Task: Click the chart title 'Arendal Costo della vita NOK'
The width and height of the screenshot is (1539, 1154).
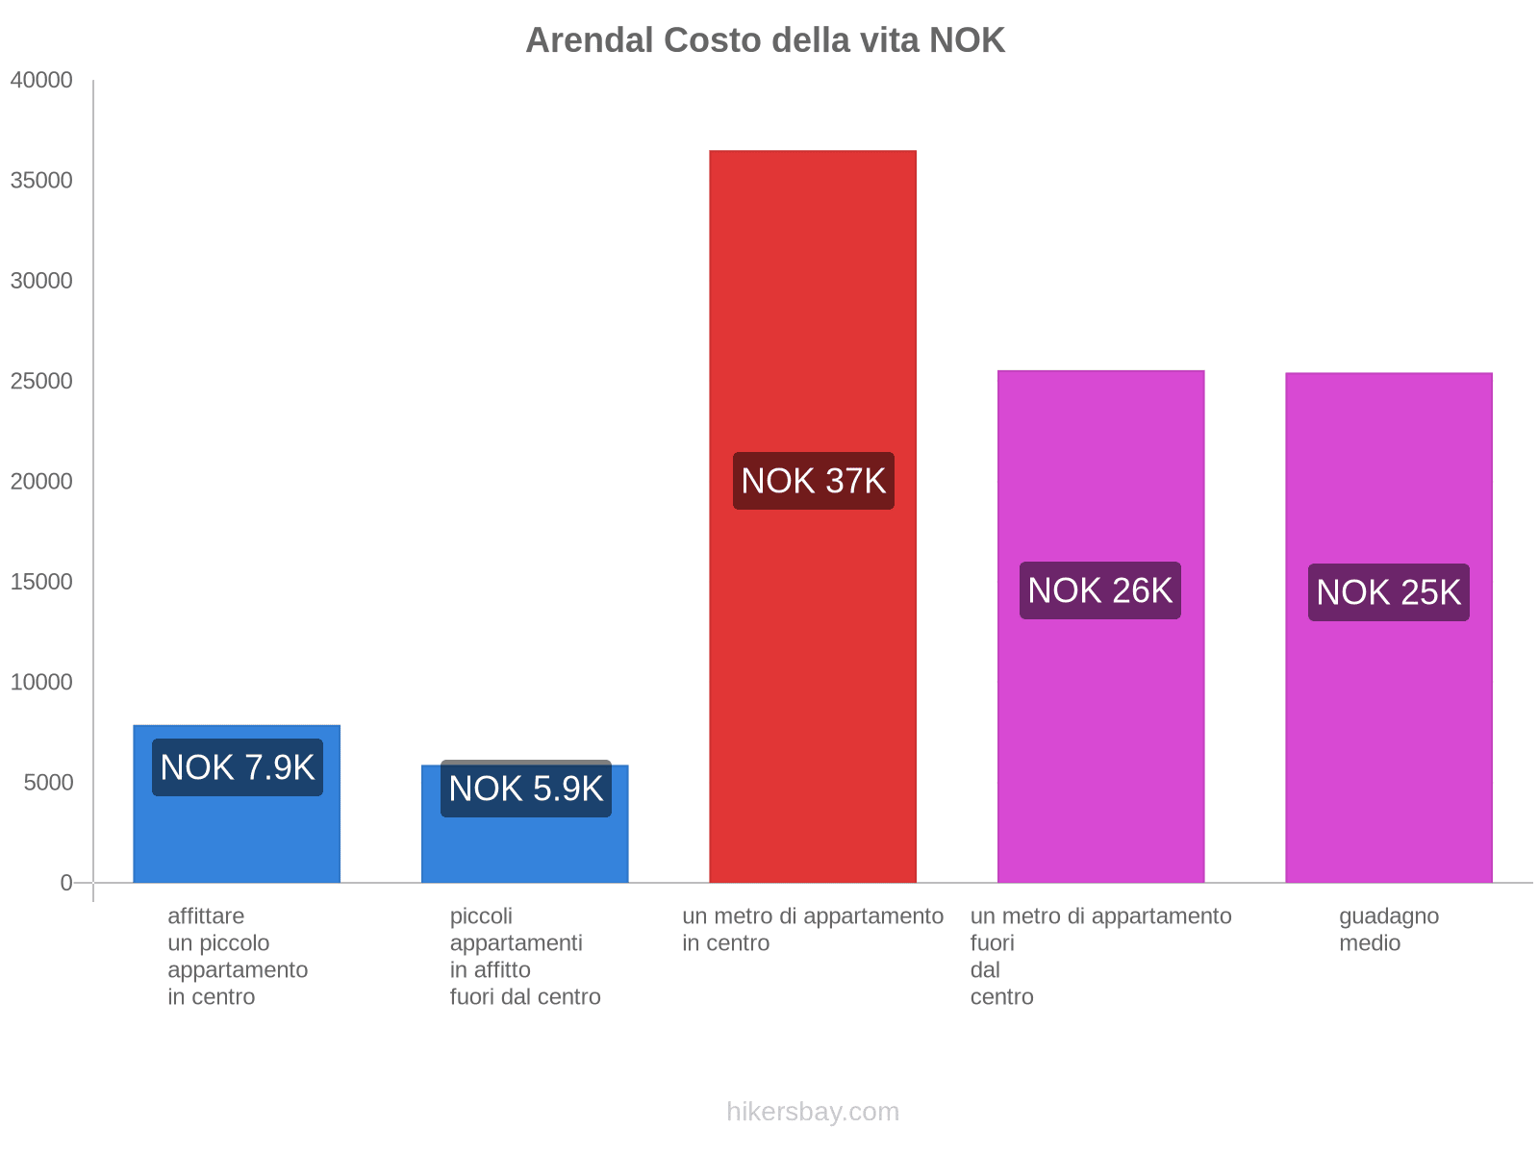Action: pyautogui.click(x=765, y=40)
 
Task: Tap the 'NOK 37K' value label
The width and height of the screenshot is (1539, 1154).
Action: pyautogui.click(x=813, y=481)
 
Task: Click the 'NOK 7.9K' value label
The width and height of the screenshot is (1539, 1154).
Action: pyautogui.click(x=237, y=767)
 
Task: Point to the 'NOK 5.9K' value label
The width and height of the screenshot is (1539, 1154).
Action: pyautogui.click(x=525, y=789)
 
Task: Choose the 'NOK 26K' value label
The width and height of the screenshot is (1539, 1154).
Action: pyautogui.click(x=1099, y=590)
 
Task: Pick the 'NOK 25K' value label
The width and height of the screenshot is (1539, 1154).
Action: pyautogui.click(x=1388, y=592)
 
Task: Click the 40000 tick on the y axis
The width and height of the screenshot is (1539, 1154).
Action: pyautogui.click(x=41, y=81)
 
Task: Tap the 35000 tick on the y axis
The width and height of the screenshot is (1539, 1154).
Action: pyautogui.click(x=41, y=181)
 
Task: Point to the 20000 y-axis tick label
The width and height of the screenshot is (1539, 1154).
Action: pyautogui.click(x=41, y=482)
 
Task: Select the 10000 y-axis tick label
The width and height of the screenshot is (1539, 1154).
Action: pyautogui.click(x=41, y=683)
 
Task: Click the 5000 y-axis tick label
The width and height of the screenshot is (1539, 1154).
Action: pyautogui.click(x=48, y=783)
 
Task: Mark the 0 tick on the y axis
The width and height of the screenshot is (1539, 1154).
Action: pyautogui.click(x=66, y=883)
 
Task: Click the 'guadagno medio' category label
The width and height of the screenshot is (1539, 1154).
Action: pyautogui.click(x=1388, y=929)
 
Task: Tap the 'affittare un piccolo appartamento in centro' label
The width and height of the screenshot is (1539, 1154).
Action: pyautogui.click(x=237, y=956)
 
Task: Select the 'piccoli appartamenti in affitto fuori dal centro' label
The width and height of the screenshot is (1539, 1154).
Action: pyautogui.click(x=525, y=956)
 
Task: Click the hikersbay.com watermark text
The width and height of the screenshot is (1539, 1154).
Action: pyautogui.click(x=813, y=1112)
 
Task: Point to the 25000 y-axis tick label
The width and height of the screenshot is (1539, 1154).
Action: pyautogui.click(x=41, y=382)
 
